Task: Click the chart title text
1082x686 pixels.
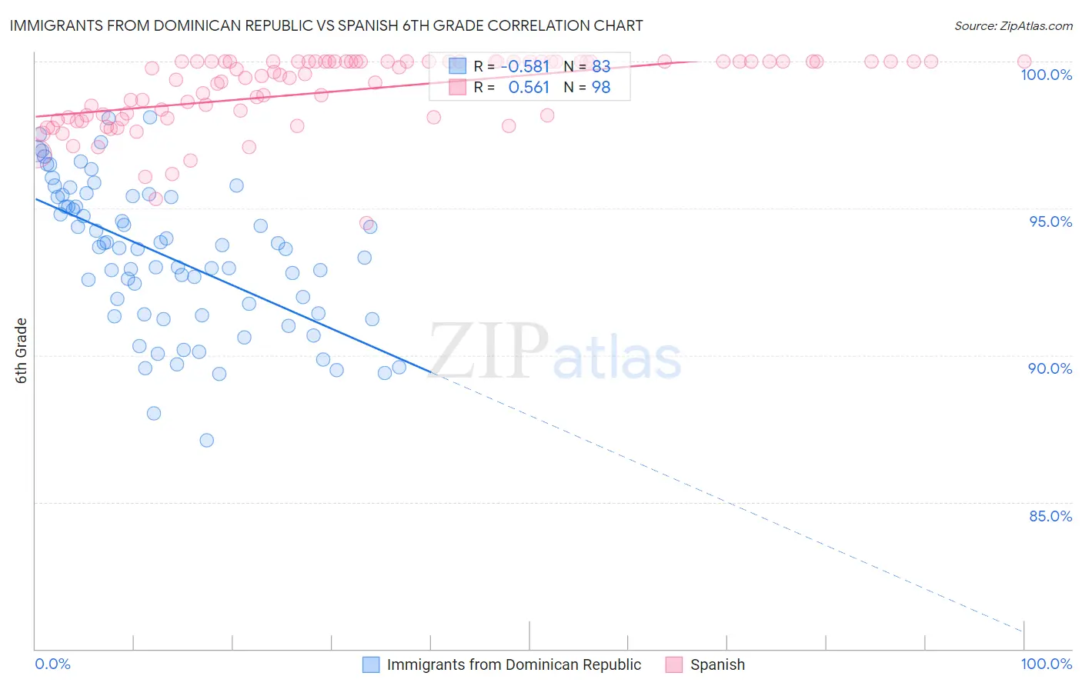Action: (x=326, y=25)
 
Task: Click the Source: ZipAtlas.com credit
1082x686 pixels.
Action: (x=1013, y=26)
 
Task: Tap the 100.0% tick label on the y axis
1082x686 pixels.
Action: (x=1046, y=75)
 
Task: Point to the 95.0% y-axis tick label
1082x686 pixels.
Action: (x=1050, y=221)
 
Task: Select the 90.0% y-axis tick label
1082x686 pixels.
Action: (x=1050, y=368)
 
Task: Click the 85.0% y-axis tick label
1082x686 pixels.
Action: (x=1050, y=516)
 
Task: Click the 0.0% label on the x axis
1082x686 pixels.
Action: (x=52, y=664)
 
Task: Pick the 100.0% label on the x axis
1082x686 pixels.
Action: (x=1046, y=664)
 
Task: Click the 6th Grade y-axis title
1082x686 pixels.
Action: (x=22, y=351)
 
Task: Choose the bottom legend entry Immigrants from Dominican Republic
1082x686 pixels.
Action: (x=513, y=664)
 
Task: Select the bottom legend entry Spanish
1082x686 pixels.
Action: (x=717, y=664)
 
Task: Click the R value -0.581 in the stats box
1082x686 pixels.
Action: (x=525, y=67)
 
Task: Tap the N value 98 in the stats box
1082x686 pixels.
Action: (x=601, y=88)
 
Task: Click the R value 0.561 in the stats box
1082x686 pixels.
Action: (x=529, y=88)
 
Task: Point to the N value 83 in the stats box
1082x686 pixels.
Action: (x=601, y=67)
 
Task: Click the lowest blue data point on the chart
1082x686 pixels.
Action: (x=206, y=441)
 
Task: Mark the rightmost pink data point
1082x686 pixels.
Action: (x=1024, y=62)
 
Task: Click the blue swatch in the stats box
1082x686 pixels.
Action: (x=458, y=66)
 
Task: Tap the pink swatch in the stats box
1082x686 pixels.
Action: (x=458, y=87)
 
